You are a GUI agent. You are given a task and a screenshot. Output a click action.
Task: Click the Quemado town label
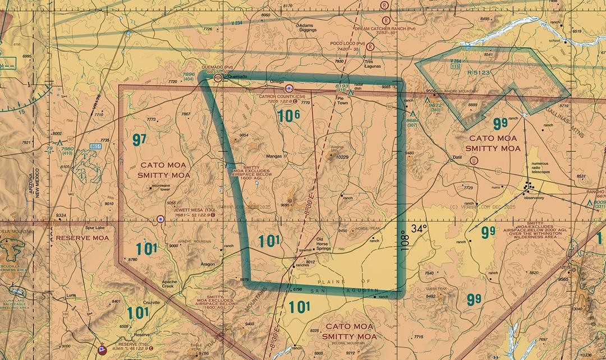click(237, 78)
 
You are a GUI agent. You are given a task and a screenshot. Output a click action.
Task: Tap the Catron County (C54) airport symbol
click(289, 88)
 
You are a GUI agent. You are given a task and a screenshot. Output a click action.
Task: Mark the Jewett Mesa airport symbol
click(161, 219)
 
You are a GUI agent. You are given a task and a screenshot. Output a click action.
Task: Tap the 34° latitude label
click(420, 229)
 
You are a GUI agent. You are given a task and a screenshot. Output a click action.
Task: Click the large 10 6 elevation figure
click(288, 116)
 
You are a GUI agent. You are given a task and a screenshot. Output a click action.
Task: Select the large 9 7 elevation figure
click(139, 140)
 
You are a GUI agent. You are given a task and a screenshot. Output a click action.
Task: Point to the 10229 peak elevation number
click(342, 158)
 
